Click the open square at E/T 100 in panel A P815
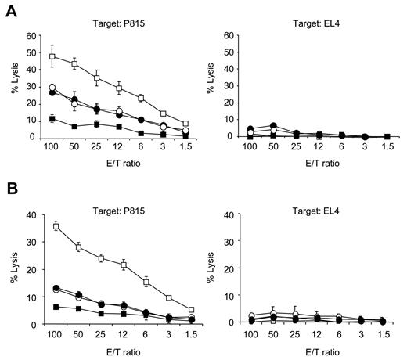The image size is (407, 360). [x=52, y=56]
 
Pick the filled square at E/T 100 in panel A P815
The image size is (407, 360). [x=52, y=119]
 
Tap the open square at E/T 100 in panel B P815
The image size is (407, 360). [x=52, y=226]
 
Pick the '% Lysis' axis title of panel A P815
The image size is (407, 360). [x=13, y=86]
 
